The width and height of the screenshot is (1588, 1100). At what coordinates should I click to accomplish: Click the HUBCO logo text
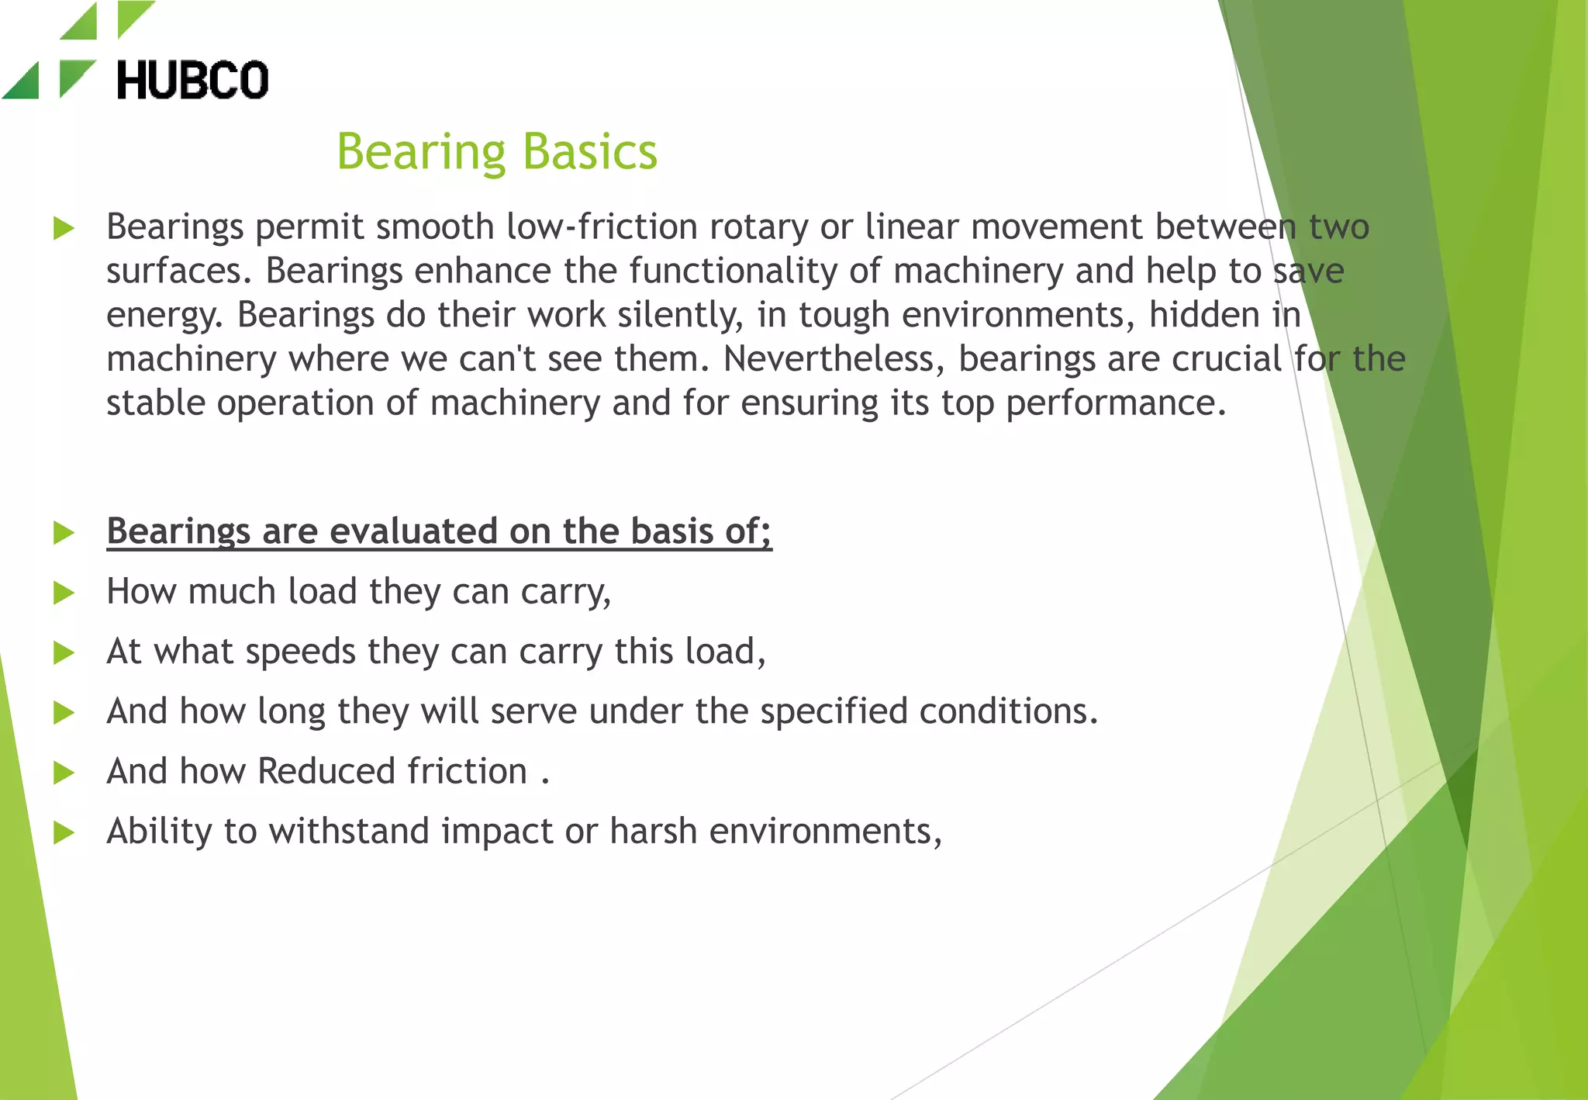point(192,81)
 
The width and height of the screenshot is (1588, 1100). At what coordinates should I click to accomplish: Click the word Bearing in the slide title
point(421,152)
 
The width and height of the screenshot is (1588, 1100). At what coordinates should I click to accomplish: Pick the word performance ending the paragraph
point(1116,403)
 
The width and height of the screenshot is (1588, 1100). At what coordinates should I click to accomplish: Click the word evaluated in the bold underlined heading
point(413,531)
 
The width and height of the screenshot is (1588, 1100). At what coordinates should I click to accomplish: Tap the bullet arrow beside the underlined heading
point(64,533)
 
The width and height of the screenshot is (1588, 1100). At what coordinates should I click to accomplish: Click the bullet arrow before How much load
point(64,593)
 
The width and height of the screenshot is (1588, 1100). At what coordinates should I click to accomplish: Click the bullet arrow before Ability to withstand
point(64,833)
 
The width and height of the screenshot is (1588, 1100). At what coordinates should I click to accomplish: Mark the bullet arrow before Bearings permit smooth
point(64,229)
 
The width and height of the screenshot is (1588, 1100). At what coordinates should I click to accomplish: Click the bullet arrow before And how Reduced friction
point(64,773)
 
